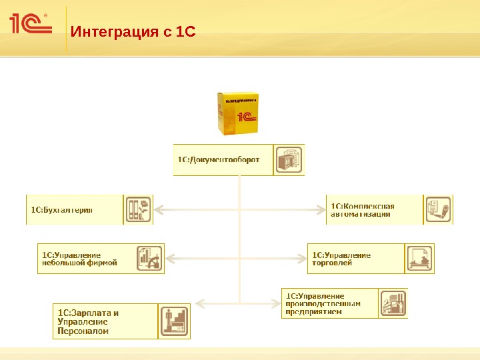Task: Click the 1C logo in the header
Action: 31,24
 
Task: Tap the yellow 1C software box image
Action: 237,114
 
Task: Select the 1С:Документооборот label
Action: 218,159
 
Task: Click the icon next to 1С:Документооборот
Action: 289,160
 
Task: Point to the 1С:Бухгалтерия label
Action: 62,209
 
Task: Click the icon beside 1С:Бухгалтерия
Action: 138,209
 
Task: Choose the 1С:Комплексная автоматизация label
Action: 363,210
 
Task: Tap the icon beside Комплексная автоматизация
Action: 438,210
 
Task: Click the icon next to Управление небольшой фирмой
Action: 149,259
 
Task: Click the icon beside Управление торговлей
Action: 420,259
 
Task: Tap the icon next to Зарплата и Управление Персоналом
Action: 174,321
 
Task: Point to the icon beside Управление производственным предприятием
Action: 393,303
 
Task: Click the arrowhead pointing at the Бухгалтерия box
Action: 159,210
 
